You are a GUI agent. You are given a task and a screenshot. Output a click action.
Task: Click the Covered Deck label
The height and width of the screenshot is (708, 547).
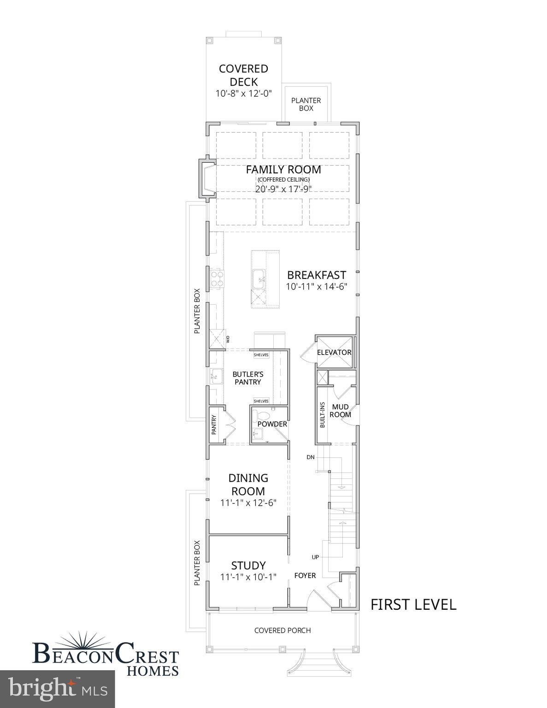[243, 75]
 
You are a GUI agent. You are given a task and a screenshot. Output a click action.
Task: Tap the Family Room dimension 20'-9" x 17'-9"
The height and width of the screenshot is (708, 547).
[283, 189]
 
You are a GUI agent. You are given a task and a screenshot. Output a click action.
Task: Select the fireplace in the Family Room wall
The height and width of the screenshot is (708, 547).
[206, 179]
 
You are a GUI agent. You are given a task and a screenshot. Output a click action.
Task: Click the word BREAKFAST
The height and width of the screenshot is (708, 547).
[316, 275]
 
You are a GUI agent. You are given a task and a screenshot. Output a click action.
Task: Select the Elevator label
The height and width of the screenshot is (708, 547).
[334, 353]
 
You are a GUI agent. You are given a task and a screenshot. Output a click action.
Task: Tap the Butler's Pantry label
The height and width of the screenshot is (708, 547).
[247, 378]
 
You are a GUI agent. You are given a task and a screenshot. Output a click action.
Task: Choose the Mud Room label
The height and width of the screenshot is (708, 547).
[341, 411]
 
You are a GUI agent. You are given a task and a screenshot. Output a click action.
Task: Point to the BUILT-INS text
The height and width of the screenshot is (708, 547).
[322, 415]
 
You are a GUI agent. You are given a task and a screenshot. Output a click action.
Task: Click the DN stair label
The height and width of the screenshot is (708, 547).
[311, 457]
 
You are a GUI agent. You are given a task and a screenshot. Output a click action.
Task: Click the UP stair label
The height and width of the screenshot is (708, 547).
[315, 557]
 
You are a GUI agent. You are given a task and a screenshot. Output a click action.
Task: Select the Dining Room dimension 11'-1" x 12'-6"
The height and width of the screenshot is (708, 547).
[248, 503]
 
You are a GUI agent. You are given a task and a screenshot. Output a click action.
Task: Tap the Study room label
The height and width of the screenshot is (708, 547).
[248, 566]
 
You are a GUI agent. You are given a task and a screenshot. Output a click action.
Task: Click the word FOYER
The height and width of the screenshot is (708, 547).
[305, 576]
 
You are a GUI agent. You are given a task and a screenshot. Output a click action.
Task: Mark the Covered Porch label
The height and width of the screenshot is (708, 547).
[282, 631]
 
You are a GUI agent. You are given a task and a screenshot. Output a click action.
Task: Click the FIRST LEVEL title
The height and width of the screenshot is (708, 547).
[413, 605]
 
